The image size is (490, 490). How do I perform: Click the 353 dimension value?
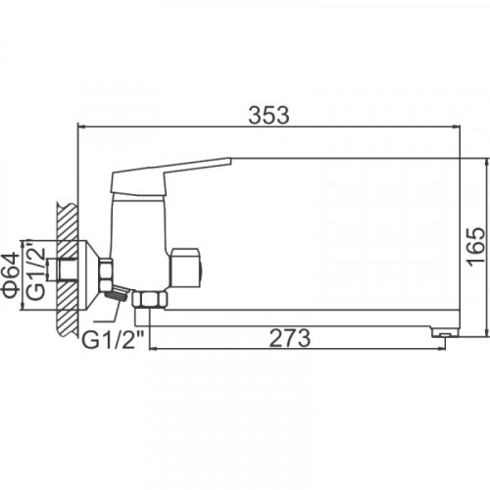tap(269, 115)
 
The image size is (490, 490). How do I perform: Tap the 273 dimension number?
tap(289, 338)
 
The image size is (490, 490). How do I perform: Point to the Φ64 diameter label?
tap(11, 275)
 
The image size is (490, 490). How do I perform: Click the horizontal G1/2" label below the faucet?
tap(113, 340)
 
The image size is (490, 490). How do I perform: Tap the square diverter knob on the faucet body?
tap(186, 268)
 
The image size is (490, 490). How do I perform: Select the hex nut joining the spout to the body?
tap(150, 299)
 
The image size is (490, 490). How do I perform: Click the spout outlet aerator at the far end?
tap(444, 333)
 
